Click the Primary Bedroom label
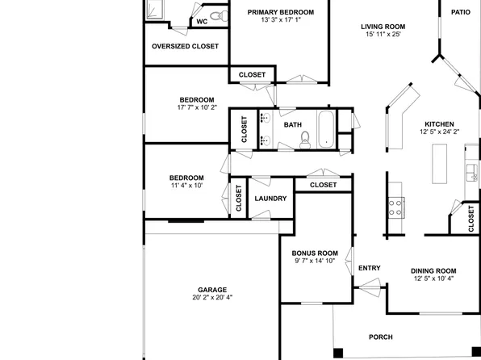tap(280, 12)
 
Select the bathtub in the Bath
tap(326, 129)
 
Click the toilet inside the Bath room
tap(304, 140)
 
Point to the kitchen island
tap(440, 164)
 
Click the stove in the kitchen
tap(396, 206)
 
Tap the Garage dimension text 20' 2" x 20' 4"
tap(212, 297)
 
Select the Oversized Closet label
tap(185, 47)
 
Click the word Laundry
tap(270, 199)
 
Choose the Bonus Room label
tap(314, 253)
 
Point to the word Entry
tap(369, 269)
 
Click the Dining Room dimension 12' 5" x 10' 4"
tap(434, 278)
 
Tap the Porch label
tap(380, 337)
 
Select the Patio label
tap(460, 12)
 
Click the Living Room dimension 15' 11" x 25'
tap(382, 34)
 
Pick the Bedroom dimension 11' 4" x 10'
tap(186, 186)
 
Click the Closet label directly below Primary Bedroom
tap(252, 75)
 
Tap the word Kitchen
tap(439, 123)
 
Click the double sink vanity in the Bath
tap(264, 129)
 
